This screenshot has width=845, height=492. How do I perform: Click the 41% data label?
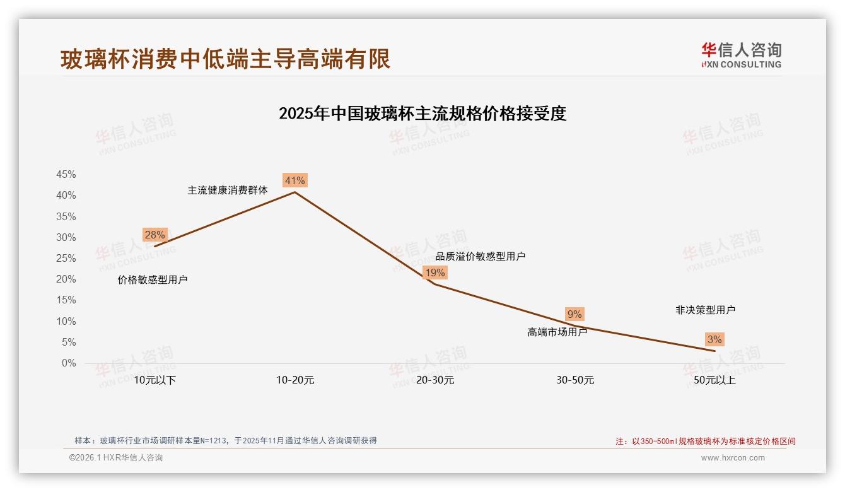[294, 181]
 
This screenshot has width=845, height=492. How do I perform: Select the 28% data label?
[154, 235]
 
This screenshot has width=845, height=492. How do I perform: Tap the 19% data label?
[434, 272]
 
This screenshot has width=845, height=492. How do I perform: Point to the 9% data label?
[574, 314]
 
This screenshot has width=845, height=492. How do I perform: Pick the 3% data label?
[714, 339]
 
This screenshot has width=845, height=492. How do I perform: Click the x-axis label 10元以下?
[154, 380]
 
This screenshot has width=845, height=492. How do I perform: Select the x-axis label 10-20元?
[295, 380]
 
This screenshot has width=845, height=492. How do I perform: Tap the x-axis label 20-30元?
[435, 380]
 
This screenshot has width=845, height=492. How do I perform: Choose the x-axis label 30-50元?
[575, 380]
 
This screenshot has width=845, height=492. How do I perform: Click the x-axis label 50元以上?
[714, 380]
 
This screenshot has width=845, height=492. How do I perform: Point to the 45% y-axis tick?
[66, 175]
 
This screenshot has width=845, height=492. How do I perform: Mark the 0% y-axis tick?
[69, 363]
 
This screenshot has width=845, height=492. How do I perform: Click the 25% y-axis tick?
[66, 259]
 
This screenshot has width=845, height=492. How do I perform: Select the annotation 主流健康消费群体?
[228, 190]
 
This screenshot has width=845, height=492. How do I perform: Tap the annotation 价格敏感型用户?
[153, 280]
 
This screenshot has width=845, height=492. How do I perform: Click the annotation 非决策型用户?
[705, 310]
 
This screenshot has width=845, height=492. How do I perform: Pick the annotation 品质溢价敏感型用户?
[481, 257]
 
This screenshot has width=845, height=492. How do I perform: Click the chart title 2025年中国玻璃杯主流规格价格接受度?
[422, 114]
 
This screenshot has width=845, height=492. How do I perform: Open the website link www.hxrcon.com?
[733, 458]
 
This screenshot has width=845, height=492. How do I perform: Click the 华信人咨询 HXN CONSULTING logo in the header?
[741, 55]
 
